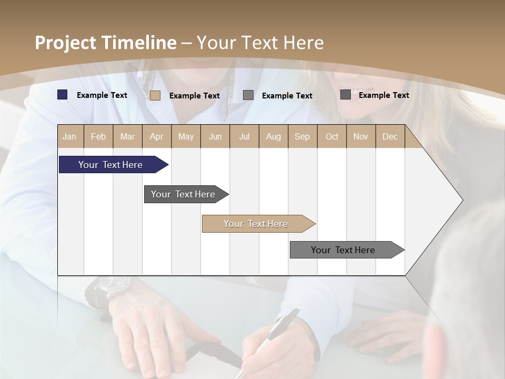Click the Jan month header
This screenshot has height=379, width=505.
[x=70, y=136]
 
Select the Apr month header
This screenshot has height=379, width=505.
[x=157, y=136]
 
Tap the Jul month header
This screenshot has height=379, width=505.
[x=245, y=136]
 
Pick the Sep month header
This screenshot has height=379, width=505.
[x=302, y=136]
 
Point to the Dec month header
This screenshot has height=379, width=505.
[x=390, y=136]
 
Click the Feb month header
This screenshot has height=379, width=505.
[x=98, y=136]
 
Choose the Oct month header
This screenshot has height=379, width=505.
[x=332, y=136]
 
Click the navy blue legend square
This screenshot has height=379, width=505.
[x=63, y=95]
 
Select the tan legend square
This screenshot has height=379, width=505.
[x=155, y=95]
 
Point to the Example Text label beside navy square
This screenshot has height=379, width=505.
[x=102, y=95]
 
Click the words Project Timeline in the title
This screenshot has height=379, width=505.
[x=105, y=43]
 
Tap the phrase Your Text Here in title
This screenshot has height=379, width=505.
[x=260, y=43]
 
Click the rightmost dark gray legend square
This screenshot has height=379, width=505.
[x=346, y=95]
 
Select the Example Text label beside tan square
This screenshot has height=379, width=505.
[x=195, y=96]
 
